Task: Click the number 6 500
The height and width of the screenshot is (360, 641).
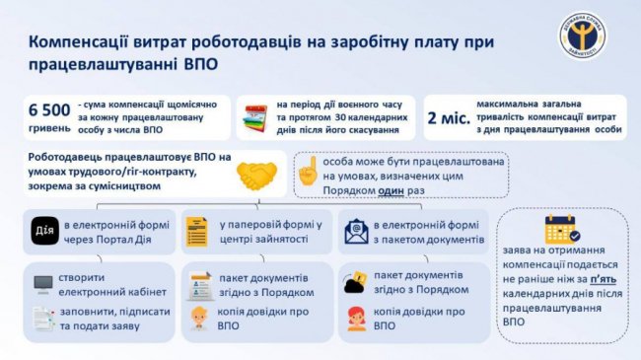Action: click(51, 108)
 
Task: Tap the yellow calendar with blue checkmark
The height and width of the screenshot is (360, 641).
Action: click(562, 231)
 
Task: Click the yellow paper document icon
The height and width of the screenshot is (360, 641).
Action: click(195, 231)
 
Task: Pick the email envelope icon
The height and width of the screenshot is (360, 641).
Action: click(352, 231)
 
